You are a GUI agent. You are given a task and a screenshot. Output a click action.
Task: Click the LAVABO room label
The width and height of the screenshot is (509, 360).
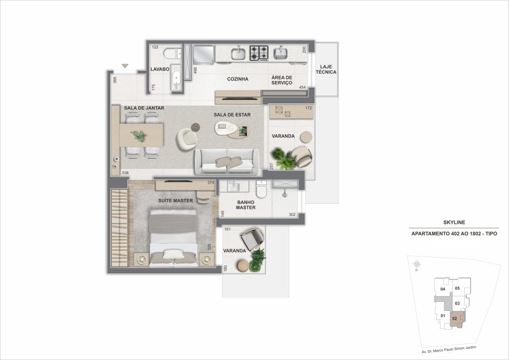[x=161, y=69]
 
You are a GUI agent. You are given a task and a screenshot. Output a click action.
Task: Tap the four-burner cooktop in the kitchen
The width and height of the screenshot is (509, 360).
[x=259, y=52]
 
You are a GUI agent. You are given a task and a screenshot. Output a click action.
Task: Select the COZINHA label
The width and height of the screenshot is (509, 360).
[x=238, y=79]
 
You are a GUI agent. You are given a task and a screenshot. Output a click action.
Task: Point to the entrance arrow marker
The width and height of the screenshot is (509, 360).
[x=125, y=66]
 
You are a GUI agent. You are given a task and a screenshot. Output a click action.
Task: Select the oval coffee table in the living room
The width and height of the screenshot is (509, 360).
[x=231, y=130]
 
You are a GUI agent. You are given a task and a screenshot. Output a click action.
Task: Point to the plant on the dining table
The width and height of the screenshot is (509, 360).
[x=139, y=135]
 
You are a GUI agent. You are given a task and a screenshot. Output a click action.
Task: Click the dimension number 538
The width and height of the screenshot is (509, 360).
[x=125, y=173]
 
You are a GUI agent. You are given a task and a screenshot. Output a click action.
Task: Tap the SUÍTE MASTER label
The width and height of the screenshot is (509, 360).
[x=175, y=201]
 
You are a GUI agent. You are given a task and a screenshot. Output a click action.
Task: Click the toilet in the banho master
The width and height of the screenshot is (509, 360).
[x=261, y=189]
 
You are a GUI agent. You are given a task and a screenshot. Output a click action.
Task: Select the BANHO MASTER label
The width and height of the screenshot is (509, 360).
[x=246, y=205]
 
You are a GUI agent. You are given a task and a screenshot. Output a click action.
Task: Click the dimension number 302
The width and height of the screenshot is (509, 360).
[x=292, y=215]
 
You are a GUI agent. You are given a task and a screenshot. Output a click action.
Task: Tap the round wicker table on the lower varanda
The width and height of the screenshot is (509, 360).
[x=242, y=267]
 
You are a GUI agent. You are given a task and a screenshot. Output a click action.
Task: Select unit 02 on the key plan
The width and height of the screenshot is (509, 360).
[x=454, y=318]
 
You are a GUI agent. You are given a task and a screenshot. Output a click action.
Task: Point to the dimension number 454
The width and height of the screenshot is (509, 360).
[x=302, y=88]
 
